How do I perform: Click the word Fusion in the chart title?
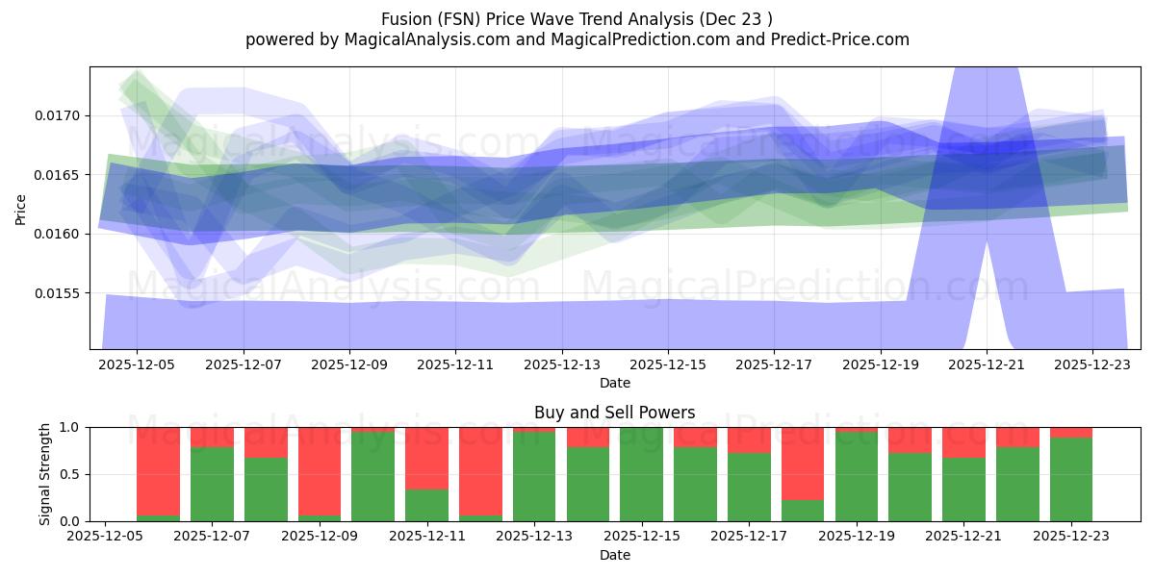pyautogui.click(x=405, y=18)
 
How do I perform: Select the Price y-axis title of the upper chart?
pyautogui.click(x=21, y=208)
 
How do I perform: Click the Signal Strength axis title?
pyautogui.click(x=44, y=474)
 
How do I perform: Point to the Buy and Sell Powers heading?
pyautogui.click(x=614, y=413)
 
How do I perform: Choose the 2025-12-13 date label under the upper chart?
pyautogui.click(x=562, y=365)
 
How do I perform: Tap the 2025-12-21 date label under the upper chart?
pyautogui.click(x=987, y=365)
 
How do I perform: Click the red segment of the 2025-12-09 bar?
pyautogui.click(x=320, y=471)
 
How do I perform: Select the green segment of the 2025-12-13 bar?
pyautogui.click(x=534, y=477)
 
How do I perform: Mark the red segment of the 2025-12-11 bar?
pyautogui.click(x=426, y=458)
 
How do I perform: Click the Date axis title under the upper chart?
pyautogui.click(x=614, y=383)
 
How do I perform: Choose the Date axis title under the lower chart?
pyautogui.click(x=614, y=555)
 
